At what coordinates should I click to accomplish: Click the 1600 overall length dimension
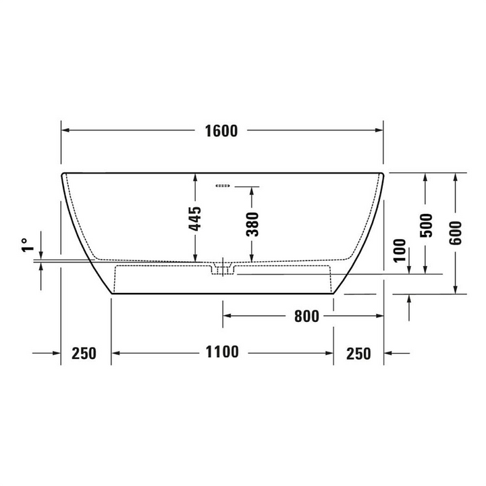[x=221, y=131]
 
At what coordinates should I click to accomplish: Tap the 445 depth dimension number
[x=195, y=219]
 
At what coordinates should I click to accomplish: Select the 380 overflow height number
[x=252, y=224]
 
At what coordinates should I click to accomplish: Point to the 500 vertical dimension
[x=426, y=225]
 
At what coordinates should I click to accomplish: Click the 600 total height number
[x=456, y=232]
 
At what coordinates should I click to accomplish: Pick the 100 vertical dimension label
[x=400, y=250]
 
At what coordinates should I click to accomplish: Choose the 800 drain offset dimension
[x=306, y=317]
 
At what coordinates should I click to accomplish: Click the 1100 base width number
[x=222, y=352]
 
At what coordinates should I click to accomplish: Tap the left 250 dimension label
[x=84, y=353]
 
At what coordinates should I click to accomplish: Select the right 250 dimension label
[x=358, y=354]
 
